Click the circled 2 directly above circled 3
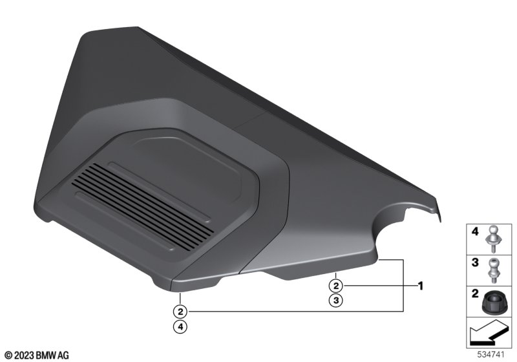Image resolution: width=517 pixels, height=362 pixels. point(336,286)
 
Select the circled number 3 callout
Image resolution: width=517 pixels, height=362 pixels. point(336,301)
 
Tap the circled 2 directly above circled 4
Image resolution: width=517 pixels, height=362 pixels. point(180,312)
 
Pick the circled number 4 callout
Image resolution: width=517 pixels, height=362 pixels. point(180,326)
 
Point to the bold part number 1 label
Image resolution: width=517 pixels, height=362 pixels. point(421,286)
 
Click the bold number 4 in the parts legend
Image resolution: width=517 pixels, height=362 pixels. point(475,232)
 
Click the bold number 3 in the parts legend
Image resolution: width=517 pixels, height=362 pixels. point(475,262)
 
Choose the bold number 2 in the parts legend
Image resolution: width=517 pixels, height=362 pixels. point(475,293)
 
